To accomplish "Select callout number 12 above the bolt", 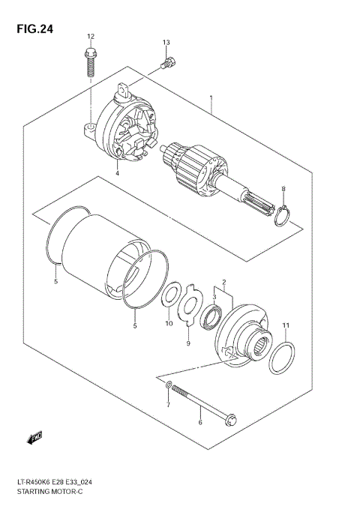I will coord(91,36).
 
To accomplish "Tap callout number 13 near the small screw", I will coord(166,42).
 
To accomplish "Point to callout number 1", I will coord(212,97).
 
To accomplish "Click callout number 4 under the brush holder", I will coord(118,174).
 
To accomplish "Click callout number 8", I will coord(283,188).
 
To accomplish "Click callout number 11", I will coord(286,324).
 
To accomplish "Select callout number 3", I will coord(214,298).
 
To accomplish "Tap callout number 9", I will coord(189,343).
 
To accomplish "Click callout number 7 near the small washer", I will coord(168,405).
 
